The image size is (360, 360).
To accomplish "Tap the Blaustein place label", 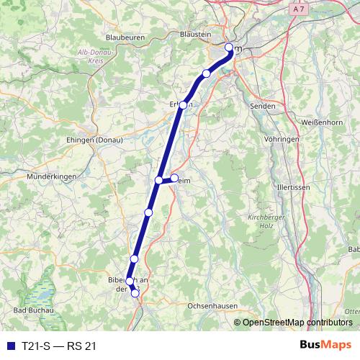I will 196,33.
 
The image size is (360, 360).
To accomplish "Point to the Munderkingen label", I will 50,176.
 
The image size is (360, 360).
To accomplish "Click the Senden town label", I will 259,106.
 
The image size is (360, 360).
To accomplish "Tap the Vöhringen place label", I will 282,138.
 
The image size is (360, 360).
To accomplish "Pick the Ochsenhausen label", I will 212,306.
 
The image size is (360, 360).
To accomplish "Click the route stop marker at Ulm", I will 230,48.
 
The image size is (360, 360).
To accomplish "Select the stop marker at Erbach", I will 184,105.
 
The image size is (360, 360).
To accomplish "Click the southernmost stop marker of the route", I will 135,292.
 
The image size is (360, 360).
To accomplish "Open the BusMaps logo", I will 325,346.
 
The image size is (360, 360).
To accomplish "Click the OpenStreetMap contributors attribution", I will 298,323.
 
